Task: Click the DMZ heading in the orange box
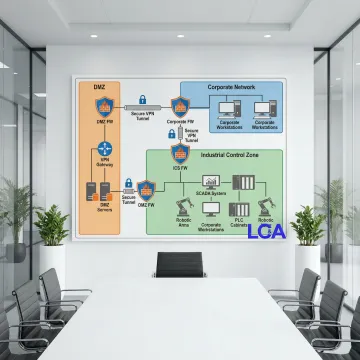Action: coord(99,88)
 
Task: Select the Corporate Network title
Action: coord(231,88)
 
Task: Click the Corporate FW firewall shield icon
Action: coord(180,105)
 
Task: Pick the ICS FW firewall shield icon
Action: coord(180,152)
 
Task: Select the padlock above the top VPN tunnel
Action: coord(143,100)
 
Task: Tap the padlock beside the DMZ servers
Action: coord(127,183)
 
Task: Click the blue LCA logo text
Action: coord(266,232)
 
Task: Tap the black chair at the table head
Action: coord(179,265)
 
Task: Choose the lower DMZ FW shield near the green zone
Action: coord(145,188)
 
